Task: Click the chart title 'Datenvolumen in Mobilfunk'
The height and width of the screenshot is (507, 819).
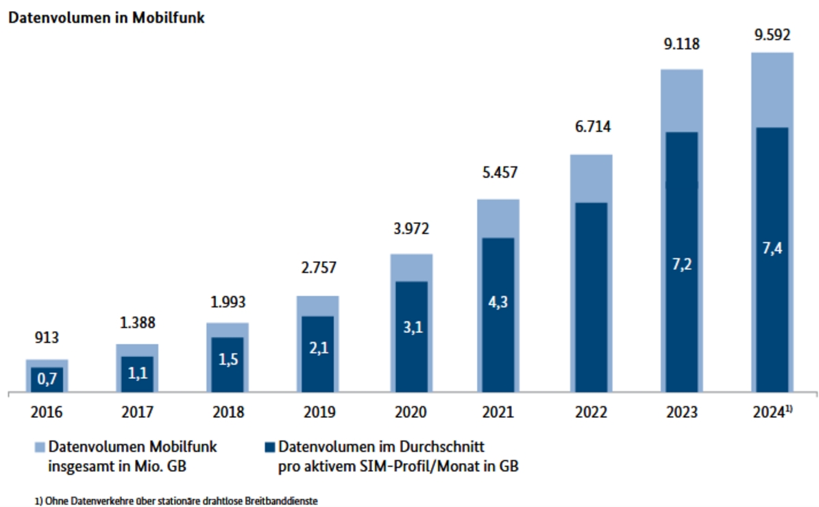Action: (106, 18)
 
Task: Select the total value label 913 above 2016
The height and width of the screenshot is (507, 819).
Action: (47, 337)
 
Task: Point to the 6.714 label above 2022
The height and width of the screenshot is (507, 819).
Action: (591, 127)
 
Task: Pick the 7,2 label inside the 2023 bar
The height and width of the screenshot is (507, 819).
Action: (682, 263)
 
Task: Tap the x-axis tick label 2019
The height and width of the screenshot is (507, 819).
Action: (318, 412)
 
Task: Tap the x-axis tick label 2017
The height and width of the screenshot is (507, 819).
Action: (137, 412)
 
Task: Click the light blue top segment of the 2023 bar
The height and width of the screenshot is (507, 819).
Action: (682, 100)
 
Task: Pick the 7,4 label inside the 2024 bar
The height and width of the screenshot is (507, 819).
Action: (772, 248)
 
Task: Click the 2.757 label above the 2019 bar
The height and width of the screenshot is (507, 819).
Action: (318, 268)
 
